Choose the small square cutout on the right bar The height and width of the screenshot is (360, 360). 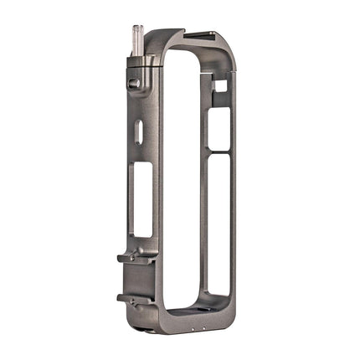tap(220, 85)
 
